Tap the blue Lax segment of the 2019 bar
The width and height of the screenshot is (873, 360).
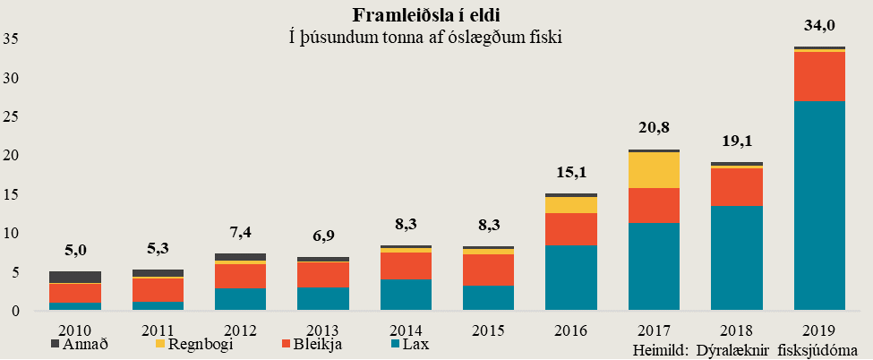(819, 206)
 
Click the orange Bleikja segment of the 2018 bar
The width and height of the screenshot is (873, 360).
(736, 187)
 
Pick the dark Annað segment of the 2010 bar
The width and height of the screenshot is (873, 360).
(74, 277)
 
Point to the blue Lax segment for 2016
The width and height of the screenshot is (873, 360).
(570, 278)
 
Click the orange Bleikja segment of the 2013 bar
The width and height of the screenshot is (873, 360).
(322, 274)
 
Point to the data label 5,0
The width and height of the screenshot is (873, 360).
(74, 252)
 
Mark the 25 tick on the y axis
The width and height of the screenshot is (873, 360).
(13, 116)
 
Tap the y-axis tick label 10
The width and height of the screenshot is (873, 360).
(13, 233)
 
